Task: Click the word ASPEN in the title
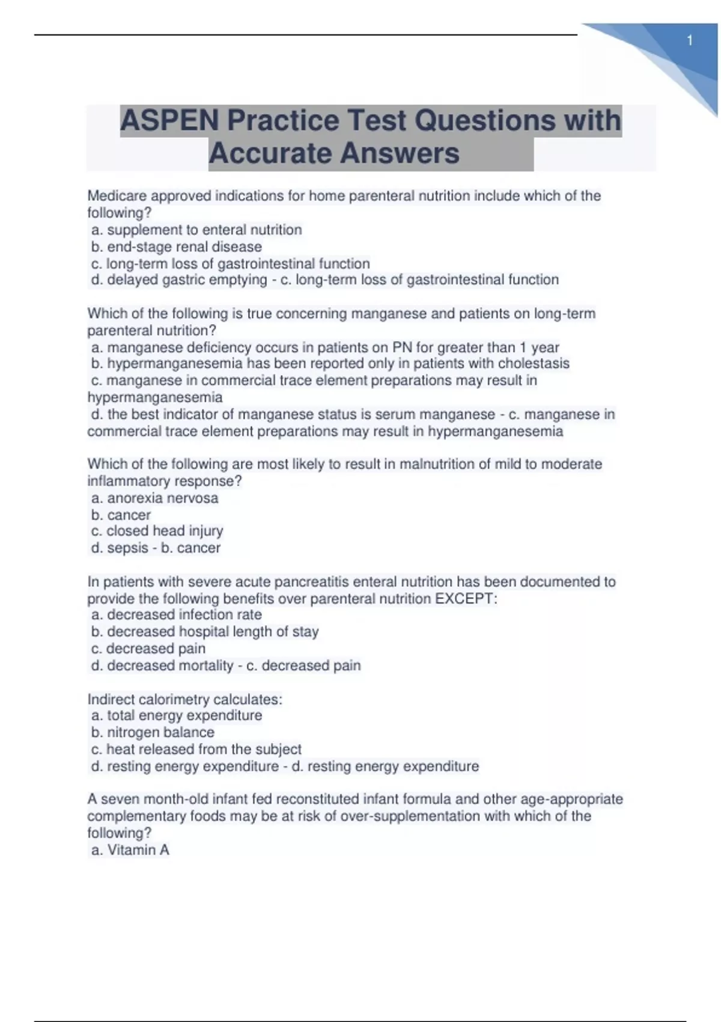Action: [x=169, y=120]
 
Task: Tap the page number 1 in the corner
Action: [x=690, y=41]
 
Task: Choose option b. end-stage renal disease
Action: [x=177, y=246]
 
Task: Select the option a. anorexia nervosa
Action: [x=154, y=498]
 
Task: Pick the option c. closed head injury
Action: [x=157, y=531]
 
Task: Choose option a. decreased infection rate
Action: [x=177, y=614]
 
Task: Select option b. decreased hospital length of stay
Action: [x=205, y=631]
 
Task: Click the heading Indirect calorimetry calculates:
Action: [x=184, y=699]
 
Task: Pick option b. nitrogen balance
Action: [x=153, y=732]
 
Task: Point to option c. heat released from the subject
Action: [x=196, y=749]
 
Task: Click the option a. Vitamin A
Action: [x=130, y=849]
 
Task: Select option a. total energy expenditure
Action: [x=177, y=715]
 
